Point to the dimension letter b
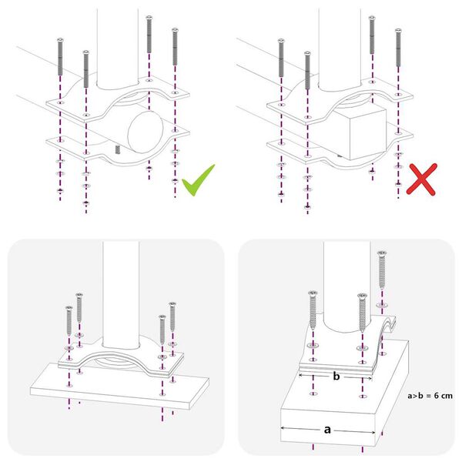(336, 377)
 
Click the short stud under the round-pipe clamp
(116, 149)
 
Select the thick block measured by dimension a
(339, 412)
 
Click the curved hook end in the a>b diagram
(390, 327)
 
